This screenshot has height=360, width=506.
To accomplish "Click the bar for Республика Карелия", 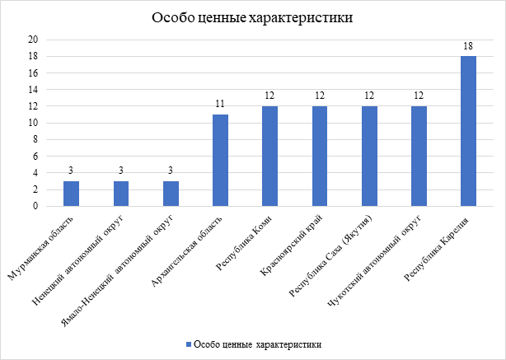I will [x=468, y=131].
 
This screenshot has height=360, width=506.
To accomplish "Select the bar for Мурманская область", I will [x=72, y=194].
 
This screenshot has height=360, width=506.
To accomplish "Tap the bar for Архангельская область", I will [x=220, y=161].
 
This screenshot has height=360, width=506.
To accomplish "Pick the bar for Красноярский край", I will [x=320, y=157].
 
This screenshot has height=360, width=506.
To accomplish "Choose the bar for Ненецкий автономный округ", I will [x=121, y=194].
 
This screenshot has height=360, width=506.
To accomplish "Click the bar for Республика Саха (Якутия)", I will [x=369, y=157].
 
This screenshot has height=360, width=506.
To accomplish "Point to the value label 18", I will [x=468, y=47].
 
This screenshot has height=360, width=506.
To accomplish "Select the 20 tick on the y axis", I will [x=33, y=40].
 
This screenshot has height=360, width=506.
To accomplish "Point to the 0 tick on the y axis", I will [x=35, y=206].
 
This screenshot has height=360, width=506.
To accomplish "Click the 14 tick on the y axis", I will [x=33, y=90].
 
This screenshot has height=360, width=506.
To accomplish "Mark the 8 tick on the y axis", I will [x=35, y=139].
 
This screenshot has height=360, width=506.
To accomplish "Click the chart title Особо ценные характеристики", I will [x=253, y=19].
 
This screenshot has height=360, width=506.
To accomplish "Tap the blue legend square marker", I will [x=189, y=344].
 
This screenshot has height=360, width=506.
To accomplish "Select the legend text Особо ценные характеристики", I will [x=257, y=344].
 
